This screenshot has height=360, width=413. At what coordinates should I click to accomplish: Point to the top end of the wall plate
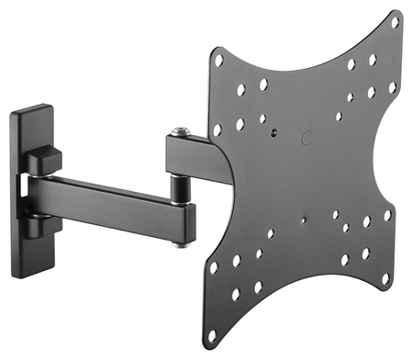(x=33, y=113)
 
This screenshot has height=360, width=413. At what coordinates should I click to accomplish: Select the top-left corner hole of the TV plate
(x=218, y=61)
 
